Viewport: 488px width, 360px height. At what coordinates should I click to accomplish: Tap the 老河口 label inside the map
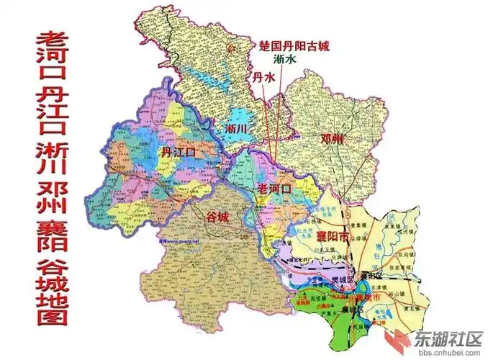tap(274, 189)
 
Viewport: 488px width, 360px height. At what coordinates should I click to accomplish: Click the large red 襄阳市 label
tap(337, 235)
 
